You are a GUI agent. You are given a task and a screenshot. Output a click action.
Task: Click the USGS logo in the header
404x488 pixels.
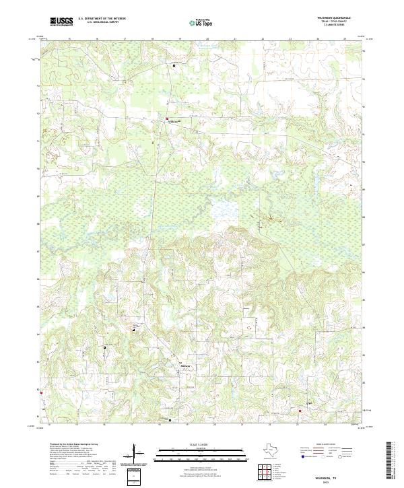click(61, 22)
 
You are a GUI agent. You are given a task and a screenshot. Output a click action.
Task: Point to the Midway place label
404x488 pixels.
click(185, 366)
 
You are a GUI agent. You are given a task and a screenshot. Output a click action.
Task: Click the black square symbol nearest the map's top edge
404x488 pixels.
click(174, 65)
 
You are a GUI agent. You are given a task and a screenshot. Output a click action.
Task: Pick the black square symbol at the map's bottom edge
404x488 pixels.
click(170, 420)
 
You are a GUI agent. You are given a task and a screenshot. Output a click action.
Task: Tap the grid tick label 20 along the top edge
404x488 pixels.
click(207, 39)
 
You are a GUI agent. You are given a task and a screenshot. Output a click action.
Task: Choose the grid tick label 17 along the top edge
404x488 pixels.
click(125, 39)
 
